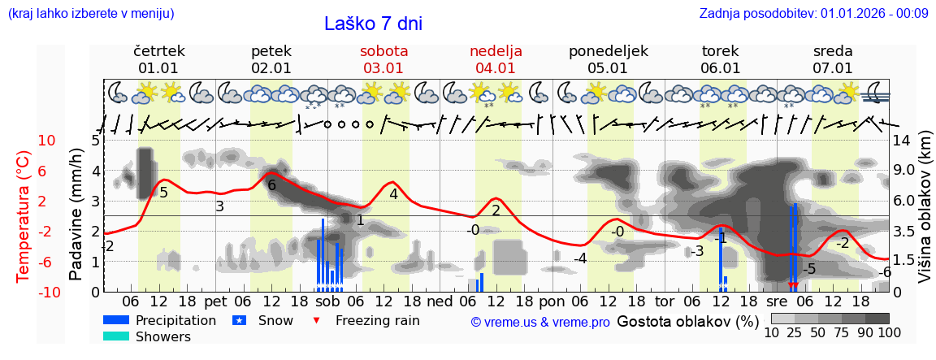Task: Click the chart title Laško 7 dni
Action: coord(373,24)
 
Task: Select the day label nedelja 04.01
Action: coord(496,59)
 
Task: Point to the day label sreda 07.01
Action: coord(833,59)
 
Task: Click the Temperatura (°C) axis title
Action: coord(24,216)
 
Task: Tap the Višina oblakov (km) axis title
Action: coord(925,215)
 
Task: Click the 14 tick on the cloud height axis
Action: coord(901,141)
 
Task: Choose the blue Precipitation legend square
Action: coord(116,320)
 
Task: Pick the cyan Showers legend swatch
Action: coord(116,336)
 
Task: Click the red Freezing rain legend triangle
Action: coord(318,320)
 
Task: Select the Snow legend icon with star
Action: coord(239,320)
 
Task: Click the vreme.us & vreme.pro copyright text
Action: coord(540,322)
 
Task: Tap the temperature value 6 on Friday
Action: coord(271,185)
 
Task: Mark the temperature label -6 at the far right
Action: coord(885,272)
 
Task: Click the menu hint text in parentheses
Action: coord(90,13)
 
